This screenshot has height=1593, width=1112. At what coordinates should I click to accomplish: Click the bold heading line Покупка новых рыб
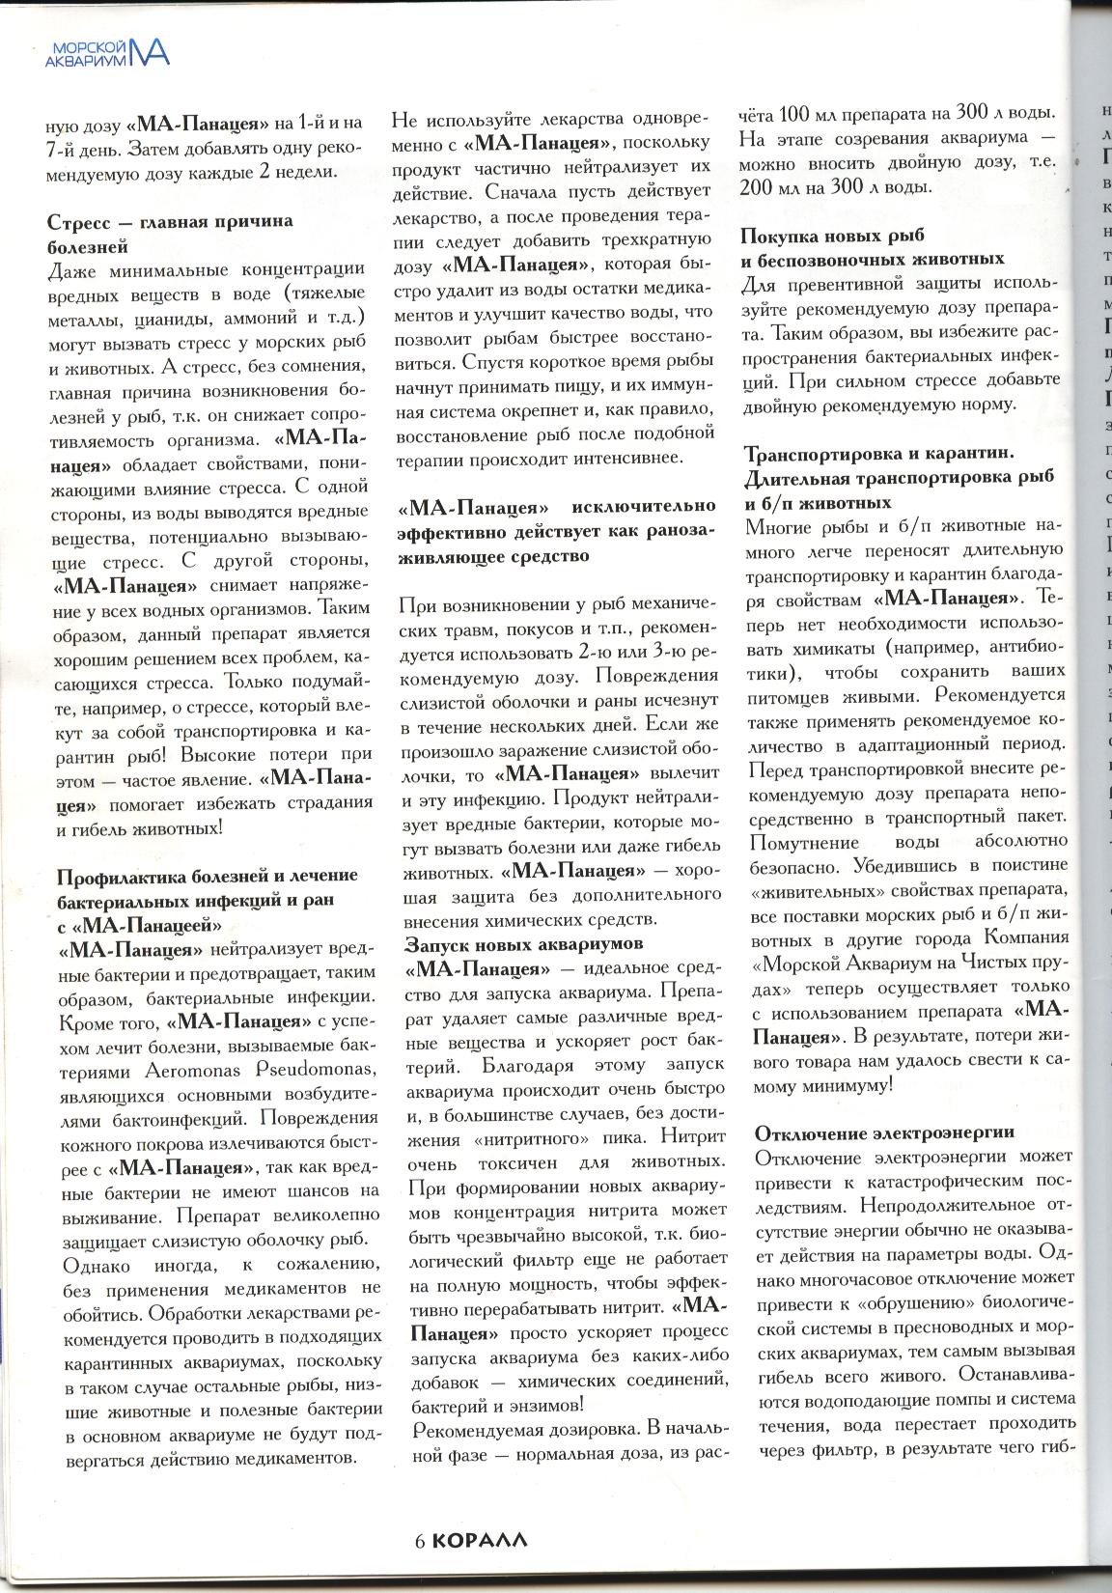(x=832, y=235)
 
